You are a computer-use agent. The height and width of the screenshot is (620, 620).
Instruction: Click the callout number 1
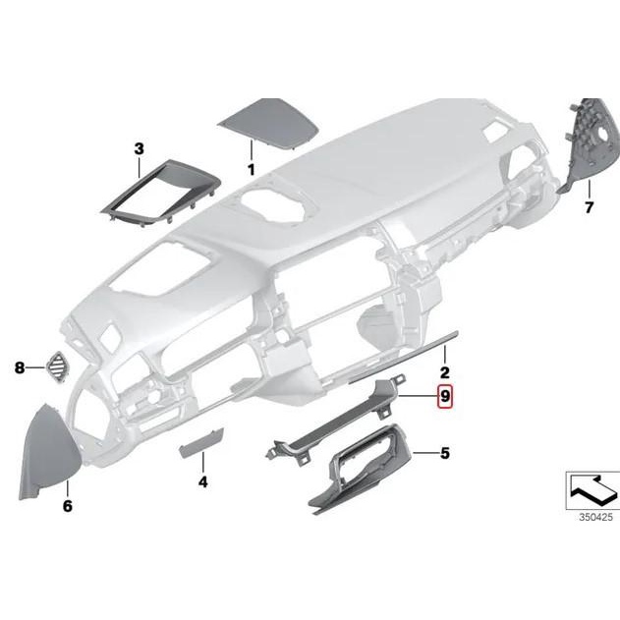(x=251, y=170)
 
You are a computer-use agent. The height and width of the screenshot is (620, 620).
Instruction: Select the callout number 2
(x=444, y=372)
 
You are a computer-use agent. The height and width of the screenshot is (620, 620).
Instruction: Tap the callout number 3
(x=139, y=148)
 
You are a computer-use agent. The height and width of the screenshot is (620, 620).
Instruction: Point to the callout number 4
(x=202, y=482)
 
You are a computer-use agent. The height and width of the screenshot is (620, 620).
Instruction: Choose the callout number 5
(x=444, y=453)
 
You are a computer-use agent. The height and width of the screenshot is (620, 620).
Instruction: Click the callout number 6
(x=68, y=507)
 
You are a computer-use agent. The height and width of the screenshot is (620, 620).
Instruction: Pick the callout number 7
(x=590, y=207)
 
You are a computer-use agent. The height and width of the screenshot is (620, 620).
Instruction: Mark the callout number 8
(x=19, y=368)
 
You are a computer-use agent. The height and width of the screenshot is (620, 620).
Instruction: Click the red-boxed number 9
(x=445, y=397)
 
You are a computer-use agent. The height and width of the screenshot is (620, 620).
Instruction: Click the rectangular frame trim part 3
(x=157, y=194)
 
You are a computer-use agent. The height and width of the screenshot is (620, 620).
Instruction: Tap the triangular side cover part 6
(x=49, y=446)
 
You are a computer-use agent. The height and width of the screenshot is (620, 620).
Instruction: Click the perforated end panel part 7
(x=595, y=138)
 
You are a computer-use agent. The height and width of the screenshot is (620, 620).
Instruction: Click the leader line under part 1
(x=251, y=152)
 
